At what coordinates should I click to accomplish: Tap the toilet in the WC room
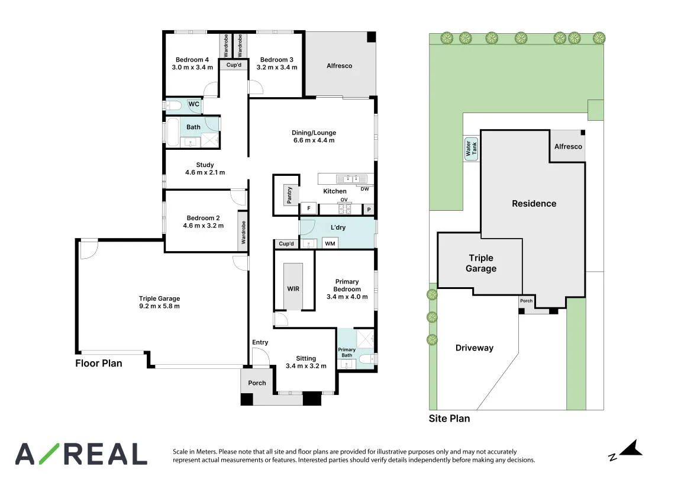pyautogui.click(x=175, y=105)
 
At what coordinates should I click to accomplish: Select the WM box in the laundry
pyautogui.click(x=330, y=243)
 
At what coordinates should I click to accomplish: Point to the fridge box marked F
pyautogui.click(x=309, y=208)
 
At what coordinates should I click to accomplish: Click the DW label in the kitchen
pyautogui.click(x=365, y=189)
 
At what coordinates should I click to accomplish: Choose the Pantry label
pyautogui.click(x=289, y=195)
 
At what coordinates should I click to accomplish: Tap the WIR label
pyautogui.click(x=293, y=288)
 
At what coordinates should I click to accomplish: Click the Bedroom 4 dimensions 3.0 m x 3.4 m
pyautogui.click(x=192, y=68)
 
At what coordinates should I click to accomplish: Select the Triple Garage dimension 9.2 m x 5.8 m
pyautogui.click(x=159, y=306)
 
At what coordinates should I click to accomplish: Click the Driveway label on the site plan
pyautogui.click(x=475, y=348)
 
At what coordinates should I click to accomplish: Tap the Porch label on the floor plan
pyautogui.click(x=257, y=383)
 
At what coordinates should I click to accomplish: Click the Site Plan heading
pyautogui.click(x=449, y=419)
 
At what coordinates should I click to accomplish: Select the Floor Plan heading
pyautogui.click(x=99, y=364)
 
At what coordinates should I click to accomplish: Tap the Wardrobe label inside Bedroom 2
pyautogui.click(x=243, y=232)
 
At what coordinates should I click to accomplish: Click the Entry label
pyautogui.click(x=260, y=342)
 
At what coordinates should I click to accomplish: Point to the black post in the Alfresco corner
pyautogui.click(x=372, y=37)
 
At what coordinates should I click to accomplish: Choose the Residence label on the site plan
pyautogui.click(x=534, y=204)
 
